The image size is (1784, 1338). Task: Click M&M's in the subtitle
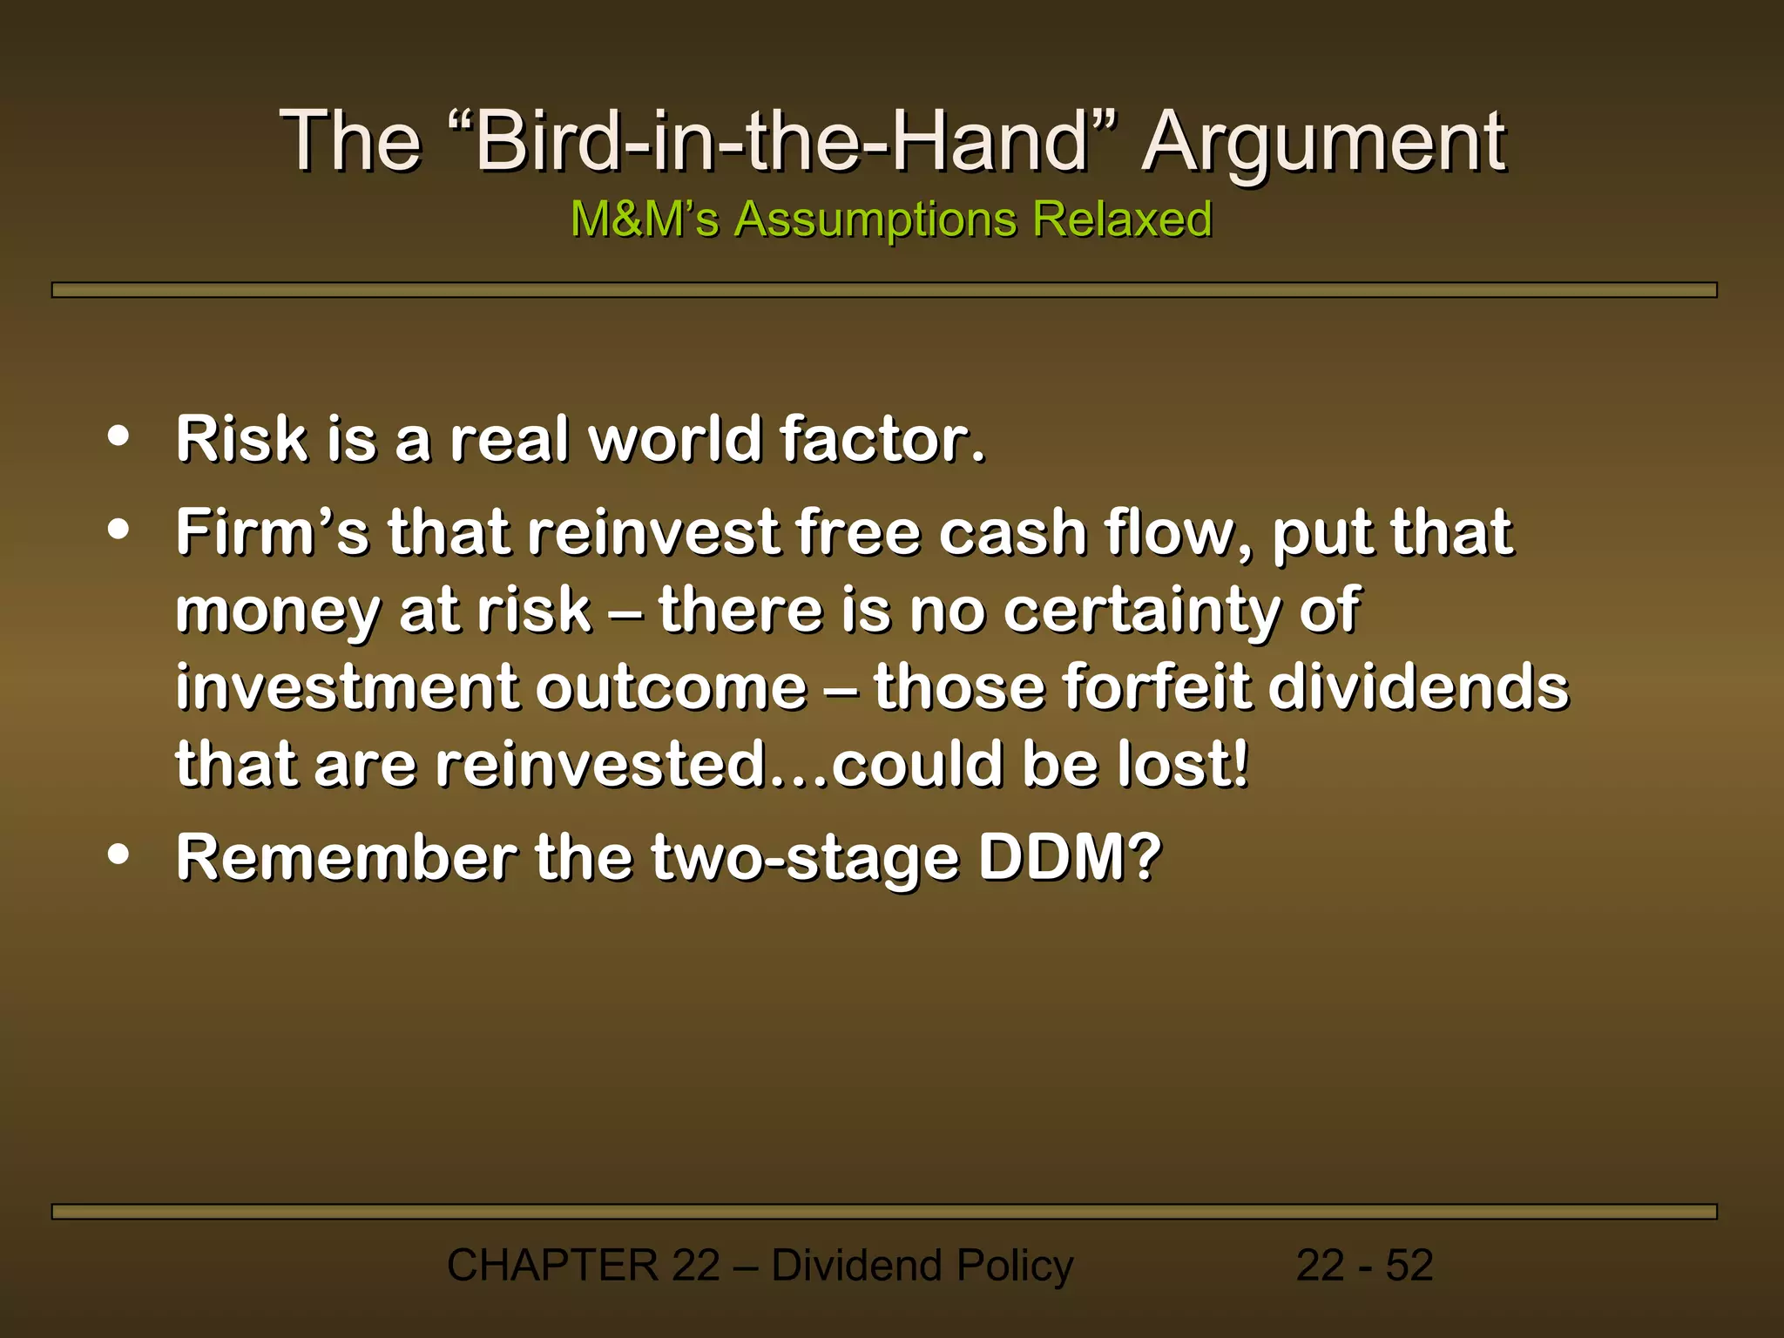(645, 219)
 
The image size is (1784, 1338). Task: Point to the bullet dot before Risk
(118, 436)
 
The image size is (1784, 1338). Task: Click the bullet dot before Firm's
(118, 530)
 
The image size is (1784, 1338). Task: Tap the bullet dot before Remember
(118, 855)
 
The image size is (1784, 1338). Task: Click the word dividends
(1417, 687)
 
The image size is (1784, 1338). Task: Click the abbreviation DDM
(1070, 857)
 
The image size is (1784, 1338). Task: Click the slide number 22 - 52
(1364, 1265)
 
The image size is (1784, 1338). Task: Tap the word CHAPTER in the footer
(552, 1265)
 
